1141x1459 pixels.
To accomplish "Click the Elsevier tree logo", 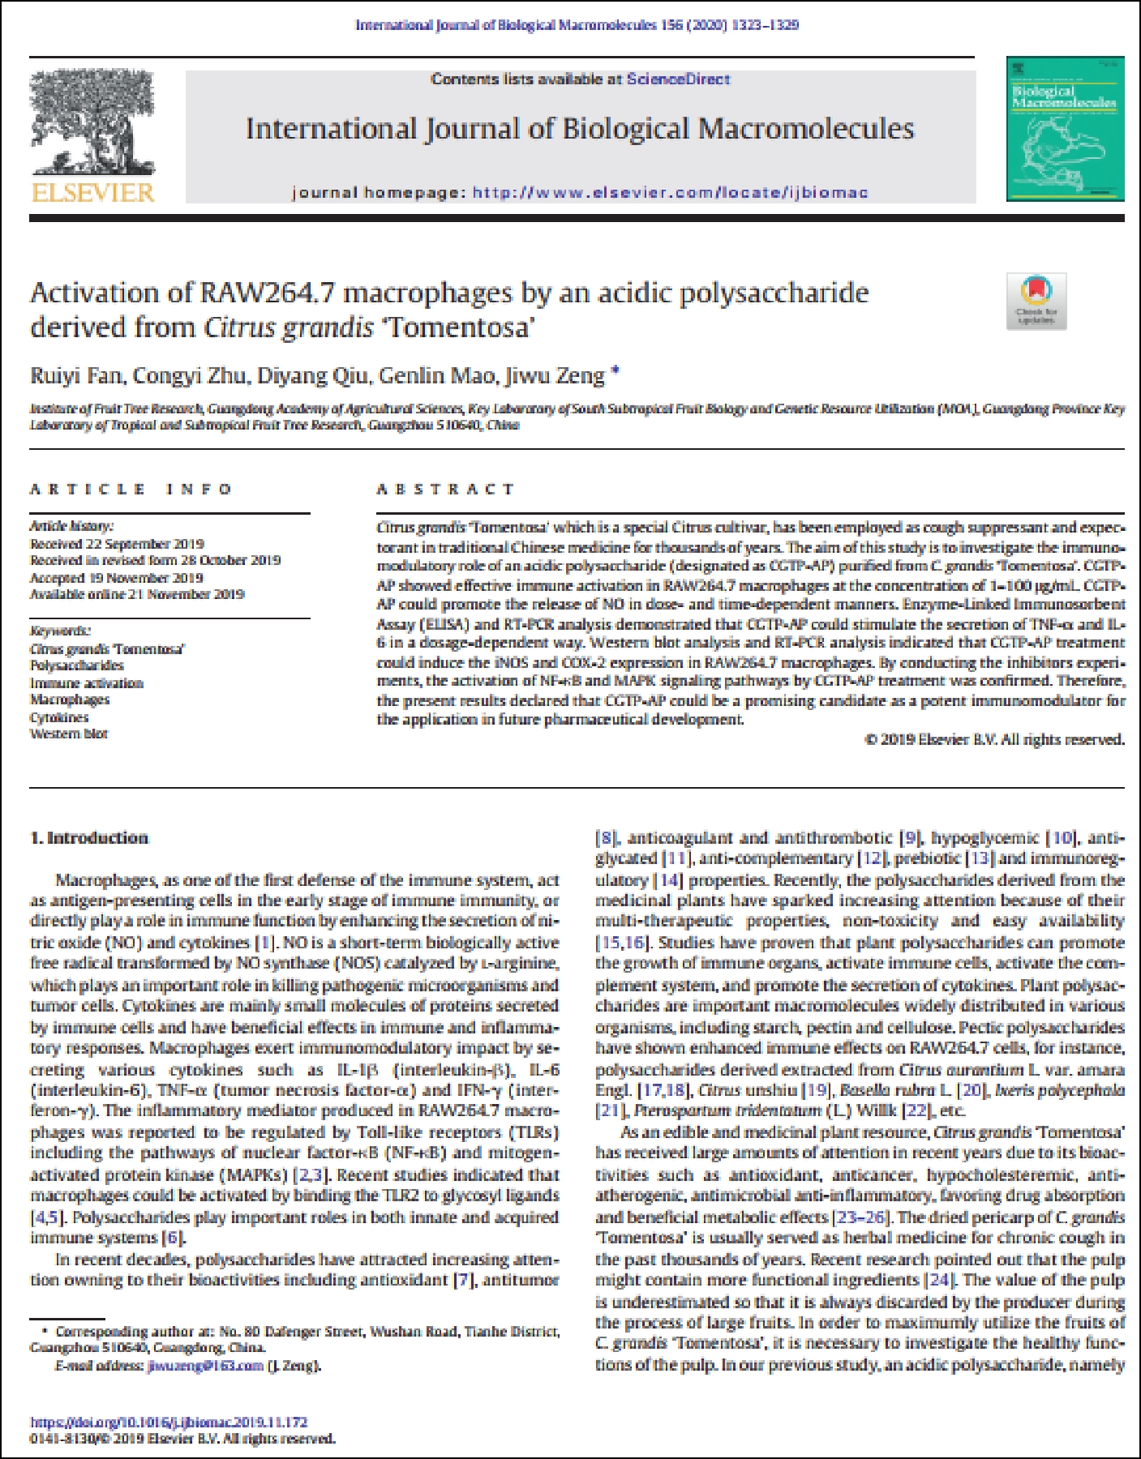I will click(x=92, y=122).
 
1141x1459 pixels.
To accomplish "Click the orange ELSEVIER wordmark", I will click(x=92, y=193).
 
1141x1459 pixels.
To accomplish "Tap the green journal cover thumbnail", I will click(x=1065, y=129).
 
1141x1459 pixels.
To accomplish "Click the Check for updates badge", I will click(x=1036, y=301).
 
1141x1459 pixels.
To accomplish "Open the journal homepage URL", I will click(x=670, y=193).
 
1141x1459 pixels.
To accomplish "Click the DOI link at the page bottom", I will click(x=169, y=1422).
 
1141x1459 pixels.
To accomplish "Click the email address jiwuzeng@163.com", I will click(x=205, y=1366).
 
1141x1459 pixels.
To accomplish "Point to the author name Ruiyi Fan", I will click(x=76, y=376).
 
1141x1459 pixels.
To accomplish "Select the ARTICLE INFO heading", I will click(x=131, y=490).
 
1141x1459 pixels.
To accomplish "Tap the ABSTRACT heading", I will click(x=445, y=490).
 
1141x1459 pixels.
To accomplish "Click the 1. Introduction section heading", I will click(x=89, y=838).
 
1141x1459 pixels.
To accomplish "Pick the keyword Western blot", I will click(x=69, y=734).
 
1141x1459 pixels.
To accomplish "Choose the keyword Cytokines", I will click(x=59, y=717).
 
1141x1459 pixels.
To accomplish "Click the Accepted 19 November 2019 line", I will click(x=116, y=578).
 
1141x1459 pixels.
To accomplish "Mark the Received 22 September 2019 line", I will click(x=116, y=544).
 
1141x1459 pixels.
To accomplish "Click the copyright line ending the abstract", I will click(x=994, y=739).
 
